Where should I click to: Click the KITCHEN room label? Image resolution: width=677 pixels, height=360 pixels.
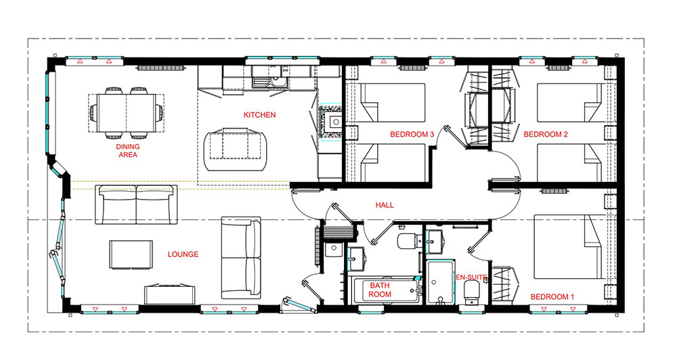point(259,115)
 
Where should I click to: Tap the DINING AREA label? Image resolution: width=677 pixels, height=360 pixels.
point(128,151)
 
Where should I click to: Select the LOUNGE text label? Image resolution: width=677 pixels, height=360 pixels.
point(183,254)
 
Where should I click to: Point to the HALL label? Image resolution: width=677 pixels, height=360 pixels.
point(385,205)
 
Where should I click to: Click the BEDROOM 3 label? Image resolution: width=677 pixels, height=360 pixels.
point(412,134)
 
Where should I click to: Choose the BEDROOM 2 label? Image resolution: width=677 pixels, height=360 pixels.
point(546,134)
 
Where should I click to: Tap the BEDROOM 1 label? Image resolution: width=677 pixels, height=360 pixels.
point(552,297)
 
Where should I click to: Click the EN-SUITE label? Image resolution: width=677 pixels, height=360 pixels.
point(471,277)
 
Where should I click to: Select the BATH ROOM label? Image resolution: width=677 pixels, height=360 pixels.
point(380,290)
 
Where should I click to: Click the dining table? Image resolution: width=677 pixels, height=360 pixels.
point(127,113)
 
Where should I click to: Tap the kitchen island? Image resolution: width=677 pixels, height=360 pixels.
point(236,150)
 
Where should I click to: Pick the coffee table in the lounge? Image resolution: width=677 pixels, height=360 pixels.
point(131,254)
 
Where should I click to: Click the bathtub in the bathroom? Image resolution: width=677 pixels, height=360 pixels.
point(383,290)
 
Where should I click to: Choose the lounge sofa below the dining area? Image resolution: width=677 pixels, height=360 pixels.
point(136,204)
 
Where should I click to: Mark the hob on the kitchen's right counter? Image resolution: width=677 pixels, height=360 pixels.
point(331,122)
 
